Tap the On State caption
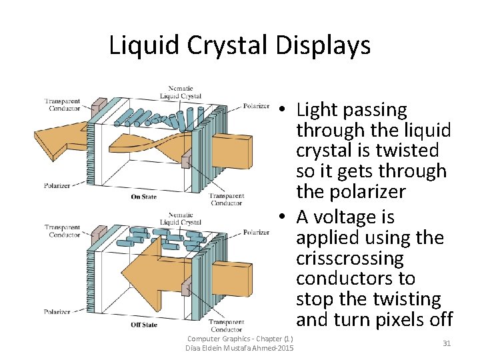coord(145,197)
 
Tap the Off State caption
coord(145,325)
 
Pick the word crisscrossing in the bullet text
coord(350,258)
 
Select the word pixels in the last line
coord(399,319)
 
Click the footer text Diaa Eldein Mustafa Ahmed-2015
coord(240,349)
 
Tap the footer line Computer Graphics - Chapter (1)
coord(240,339)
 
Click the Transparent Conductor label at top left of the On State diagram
coord(62,105)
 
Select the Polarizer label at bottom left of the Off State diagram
coord(57,311)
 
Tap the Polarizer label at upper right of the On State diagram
coord(257,106)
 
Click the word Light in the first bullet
coord(318,110)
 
